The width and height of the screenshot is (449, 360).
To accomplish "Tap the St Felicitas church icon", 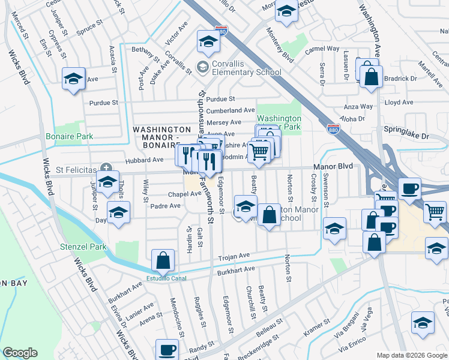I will coord(106,167).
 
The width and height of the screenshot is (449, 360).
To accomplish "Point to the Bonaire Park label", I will coord(69,136).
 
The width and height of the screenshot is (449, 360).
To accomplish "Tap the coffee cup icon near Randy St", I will coord(167,349).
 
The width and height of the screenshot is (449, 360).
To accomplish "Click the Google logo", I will coord(20,353).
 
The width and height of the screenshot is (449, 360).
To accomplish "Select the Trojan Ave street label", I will coord(233,256).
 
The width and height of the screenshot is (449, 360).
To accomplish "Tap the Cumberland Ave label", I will coord(231,110).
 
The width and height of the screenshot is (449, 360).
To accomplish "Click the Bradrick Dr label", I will coord(400,79).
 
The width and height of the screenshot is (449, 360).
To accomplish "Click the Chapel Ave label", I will coord(184,194).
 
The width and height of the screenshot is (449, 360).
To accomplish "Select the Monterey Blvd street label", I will coord(279,47).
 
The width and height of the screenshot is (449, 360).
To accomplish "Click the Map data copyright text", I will coord(411,355).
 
